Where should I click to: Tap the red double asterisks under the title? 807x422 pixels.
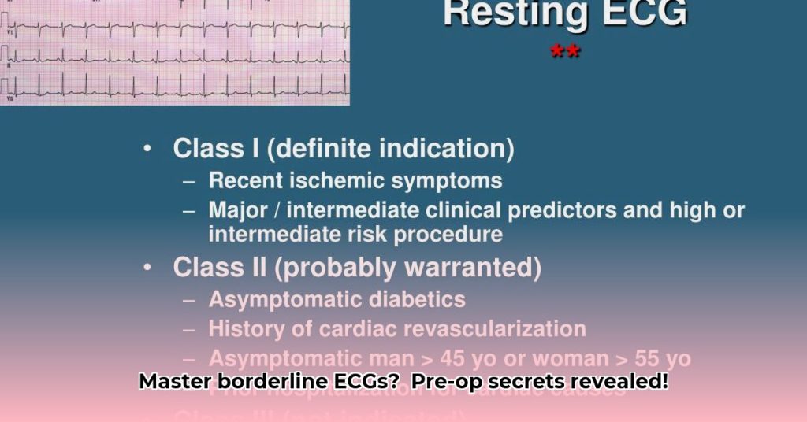coord(565,53)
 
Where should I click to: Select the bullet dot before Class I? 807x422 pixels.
coord(147,149)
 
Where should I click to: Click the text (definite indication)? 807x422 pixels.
coord(395,148)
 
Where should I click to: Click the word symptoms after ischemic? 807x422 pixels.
coord(447,180)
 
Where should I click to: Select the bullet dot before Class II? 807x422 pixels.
coord(147,268)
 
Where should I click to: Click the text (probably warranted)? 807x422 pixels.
coord(408,268)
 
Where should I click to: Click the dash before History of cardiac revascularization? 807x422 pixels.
coord(189,329)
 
